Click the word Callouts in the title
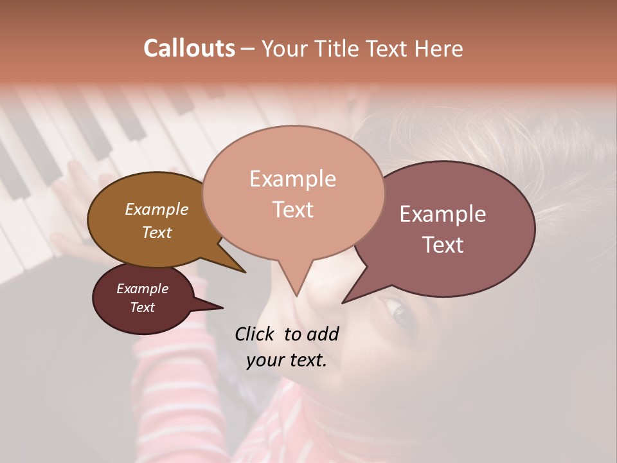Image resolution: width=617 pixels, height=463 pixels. pos(189,48)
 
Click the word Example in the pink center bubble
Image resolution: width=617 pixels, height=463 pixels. pos(292,179)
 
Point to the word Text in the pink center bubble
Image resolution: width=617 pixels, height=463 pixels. pos(292,210)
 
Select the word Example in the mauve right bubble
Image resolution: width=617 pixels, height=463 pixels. pos(443,214)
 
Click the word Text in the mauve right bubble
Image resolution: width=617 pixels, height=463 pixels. pos(443,245)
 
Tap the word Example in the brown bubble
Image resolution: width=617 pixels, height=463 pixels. pos(157,209)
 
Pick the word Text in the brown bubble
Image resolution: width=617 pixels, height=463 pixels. pos(157,232)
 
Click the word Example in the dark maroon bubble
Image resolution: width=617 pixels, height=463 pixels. pos(142,289)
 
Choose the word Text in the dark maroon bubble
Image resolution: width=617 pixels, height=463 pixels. pos(142,307)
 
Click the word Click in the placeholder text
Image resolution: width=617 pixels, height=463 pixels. pos(254,334)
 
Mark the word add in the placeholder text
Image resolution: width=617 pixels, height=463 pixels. pos(323,334)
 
